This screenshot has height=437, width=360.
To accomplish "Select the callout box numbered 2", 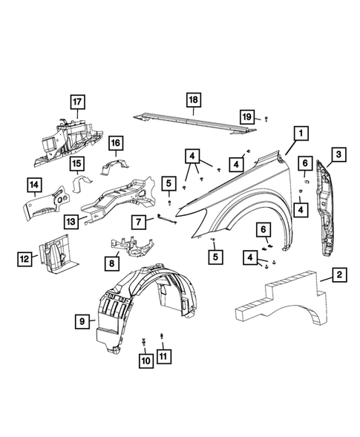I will click(338, 276).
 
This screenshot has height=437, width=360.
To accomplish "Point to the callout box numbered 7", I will click(138, 220).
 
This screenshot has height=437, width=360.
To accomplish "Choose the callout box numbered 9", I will click(82, 321).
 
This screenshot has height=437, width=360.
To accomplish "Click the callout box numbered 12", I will click(24, 258).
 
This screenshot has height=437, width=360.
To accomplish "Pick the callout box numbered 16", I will click(115, 143).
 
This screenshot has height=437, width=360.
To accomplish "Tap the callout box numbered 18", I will click(192, 99).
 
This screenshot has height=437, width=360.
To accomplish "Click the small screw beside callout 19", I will click(266, 119).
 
